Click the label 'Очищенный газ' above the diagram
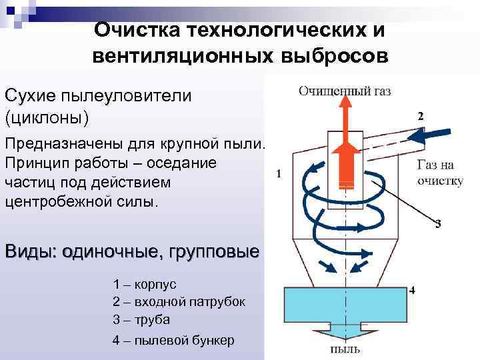click(x=345, y=91)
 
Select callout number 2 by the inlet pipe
click(x=420, y=116)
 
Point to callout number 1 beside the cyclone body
click(x=278, y=174)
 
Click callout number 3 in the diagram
click(x=437, y=224)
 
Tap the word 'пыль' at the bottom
click(x=345, y=349)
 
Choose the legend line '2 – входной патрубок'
click(x=179, y=301)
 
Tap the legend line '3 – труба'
click(x=141, y=319)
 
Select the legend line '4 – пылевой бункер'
click(x=173, y=340)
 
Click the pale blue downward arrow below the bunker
click(x=345, y=331)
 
